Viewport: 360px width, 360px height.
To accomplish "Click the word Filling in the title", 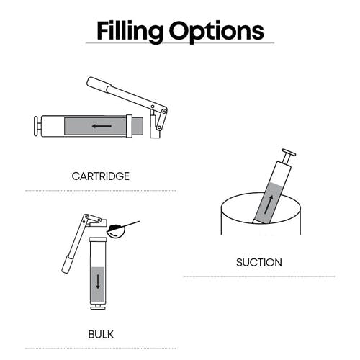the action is click(x=130, y=32).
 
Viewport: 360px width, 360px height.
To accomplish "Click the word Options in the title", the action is click(x=217, y=32).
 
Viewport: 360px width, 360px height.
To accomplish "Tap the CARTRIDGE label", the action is click(x=101, y=176).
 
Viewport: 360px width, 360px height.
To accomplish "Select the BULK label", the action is click(x=101, y=334).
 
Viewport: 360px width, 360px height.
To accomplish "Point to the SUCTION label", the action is click(x=259, y=262).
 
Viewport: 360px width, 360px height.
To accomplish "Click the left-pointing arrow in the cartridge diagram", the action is click(x=102, y=126).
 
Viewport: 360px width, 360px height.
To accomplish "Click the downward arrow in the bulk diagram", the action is click(x=98, y=282).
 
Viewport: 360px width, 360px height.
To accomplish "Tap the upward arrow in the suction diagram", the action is click(x=269, y=204).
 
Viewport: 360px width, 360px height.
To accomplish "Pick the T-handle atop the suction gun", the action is click(x=289, y=156).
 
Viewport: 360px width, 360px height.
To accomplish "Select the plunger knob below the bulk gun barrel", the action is click(x=98, y=307).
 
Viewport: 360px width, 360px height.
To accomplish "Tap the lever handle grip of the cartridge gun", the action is click(x=99, y=84).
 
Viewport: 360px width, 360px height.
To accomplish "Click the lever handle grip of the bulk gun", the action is click(x=67, y=264).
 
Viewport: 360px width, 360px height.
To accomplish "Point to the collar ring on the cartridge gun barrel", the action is click(x=129, y=126).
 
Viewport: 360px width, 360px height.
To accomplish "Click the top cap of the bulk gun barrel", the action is click(x=98, y=240).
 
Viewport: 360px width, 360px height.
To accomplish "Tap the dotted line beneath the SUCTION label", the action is click(x=259, y=276).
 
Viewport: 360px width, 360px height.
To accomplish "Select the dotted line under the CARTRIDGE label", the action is click(x=101, y=191).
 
